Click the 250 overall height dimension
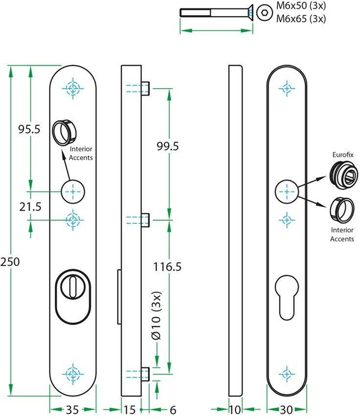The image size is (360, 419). coord(10,262)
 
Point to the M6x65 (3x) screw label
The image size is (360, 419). coord(301,19)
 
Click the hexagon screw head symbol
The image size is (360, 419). coord(265,12)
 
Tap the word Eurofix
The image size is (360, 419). coord(343,155)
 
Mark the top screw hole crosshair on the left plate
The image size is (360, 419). coord(73,88)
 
